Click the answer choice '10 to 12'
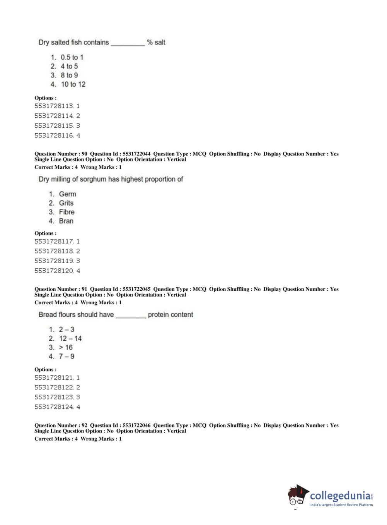coord(73,84)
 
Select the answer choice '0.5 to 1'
coord(72,57)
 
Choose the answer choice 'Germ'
coord(67,194)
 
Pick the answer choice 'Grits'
coord(66,203)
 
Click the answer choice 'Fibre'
coord(66,212)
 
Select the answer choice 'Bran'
coord(66,221)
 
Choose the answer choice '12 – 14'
coord(70,338)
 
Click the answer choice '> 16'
coord(66,348)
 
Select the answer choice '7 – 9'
coord(66,357)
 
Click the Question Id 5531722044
coord(136,154)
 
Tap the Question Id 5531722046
coord(136,425)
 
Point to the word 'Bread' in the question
coord(48,315)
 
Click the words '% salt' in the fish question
coord(156,43)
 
